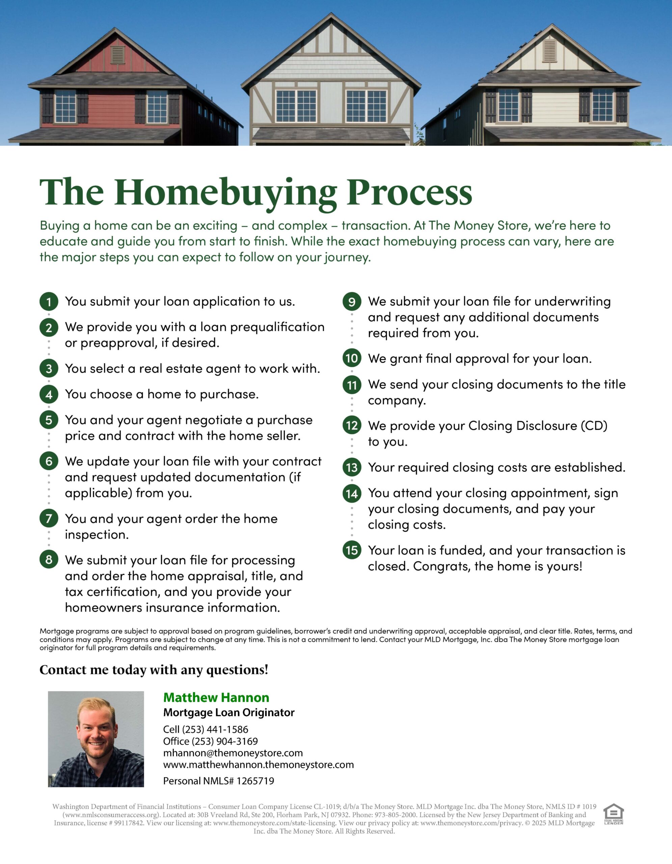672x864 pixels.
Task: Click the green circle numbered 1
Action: pos(49,302)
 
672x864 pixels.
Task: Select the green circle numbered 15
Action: pos(352,550)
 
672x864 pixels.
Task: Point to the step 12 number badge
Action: pos(352,425)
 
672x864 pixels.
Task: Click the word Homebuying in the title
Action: pos(225,193)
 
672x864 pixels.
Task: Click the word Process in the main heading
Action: pos(409,193)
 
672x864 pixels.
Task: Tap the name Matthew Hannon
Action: pos(216,698)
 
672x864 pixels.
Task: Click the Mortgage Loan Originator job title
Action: pos(229,712)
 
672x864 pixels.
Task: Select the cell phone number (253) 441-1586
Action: pos(215,729)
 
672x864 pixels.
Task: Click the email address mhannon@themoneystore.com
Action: pos(233,753)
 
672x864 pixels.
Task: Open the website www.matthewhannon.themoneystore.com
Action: pos(258,765)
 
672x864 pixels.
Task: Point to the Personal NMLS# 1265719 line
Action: pos(218,781)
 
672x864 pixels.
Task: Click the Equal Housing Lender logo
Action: pos(614,814)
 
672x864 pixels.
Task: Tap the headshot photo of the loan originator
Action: pos(96,739)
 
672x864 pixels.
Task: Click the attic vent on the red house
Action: pos(117,55)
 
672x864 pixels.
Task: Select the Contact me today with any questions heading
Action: pos(154,670)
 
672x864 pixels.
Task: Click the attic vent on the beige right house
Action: pos(549,51)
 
